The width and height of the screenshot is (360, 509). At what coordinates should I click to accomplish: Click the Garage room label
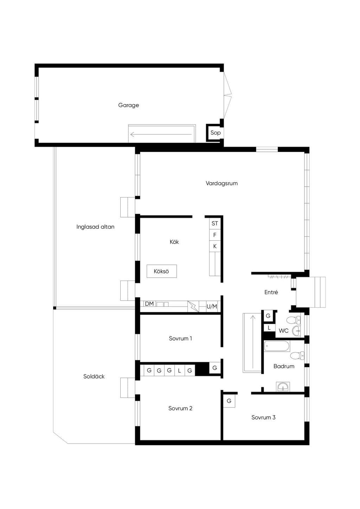click(x=128, y=105)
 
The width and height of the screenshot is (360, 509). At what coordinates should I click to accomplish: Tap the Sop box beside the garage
click(x=215, y=133)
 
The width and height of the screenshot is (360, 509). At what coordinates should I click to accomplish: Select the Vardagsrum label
click(x=221, y=183)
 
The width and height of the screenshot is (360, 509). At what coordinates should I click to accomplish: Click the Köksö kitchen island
click(x=162, y=271)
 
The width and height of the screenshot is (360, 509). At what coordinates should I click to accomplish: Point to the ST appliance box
click(x=215, y=224)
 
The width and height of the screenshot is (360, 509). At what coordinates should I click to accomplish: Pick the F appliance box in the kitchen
click(x=215, y=235)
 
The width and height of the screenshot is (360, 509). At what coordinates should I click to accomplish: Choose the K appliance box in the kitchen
click(x=215, y=246)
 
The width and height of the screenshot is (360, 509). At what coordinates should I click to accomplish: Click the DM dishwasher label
click(x=149, y=304)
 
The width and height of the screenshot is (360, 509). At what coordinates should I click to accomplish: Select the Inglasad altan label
click(x=95, y=227)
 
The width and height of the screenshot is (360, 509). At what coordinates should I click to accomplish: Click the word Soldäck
click(x=94, y=376)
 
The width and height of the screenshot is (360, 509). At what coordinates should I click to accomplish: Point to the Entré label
click(x=271, y=292)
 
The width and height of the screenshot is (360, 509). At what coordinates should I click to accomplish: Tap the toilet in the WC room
click(x=294, y=320)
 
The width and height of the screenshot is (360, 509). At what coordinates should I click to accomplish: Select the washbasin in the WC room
click(x=296, y=331)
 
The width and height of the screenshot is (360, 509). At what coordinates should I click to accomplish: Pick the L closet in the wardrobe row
click(x=180, y=371)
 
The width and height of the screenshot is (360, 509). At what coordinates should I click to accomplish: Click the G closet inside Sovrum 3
click(x=229, y=401)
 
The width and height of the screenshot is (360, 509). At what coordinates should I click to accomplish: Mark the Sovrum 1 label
click(x=180, y=339)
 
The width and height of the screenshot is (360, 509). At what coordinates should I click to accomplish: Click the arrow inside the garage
click(x=161, y=134)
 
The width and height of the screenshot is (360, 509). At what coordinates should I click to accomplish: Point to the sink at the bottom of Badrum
click(x=283, y=387)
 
